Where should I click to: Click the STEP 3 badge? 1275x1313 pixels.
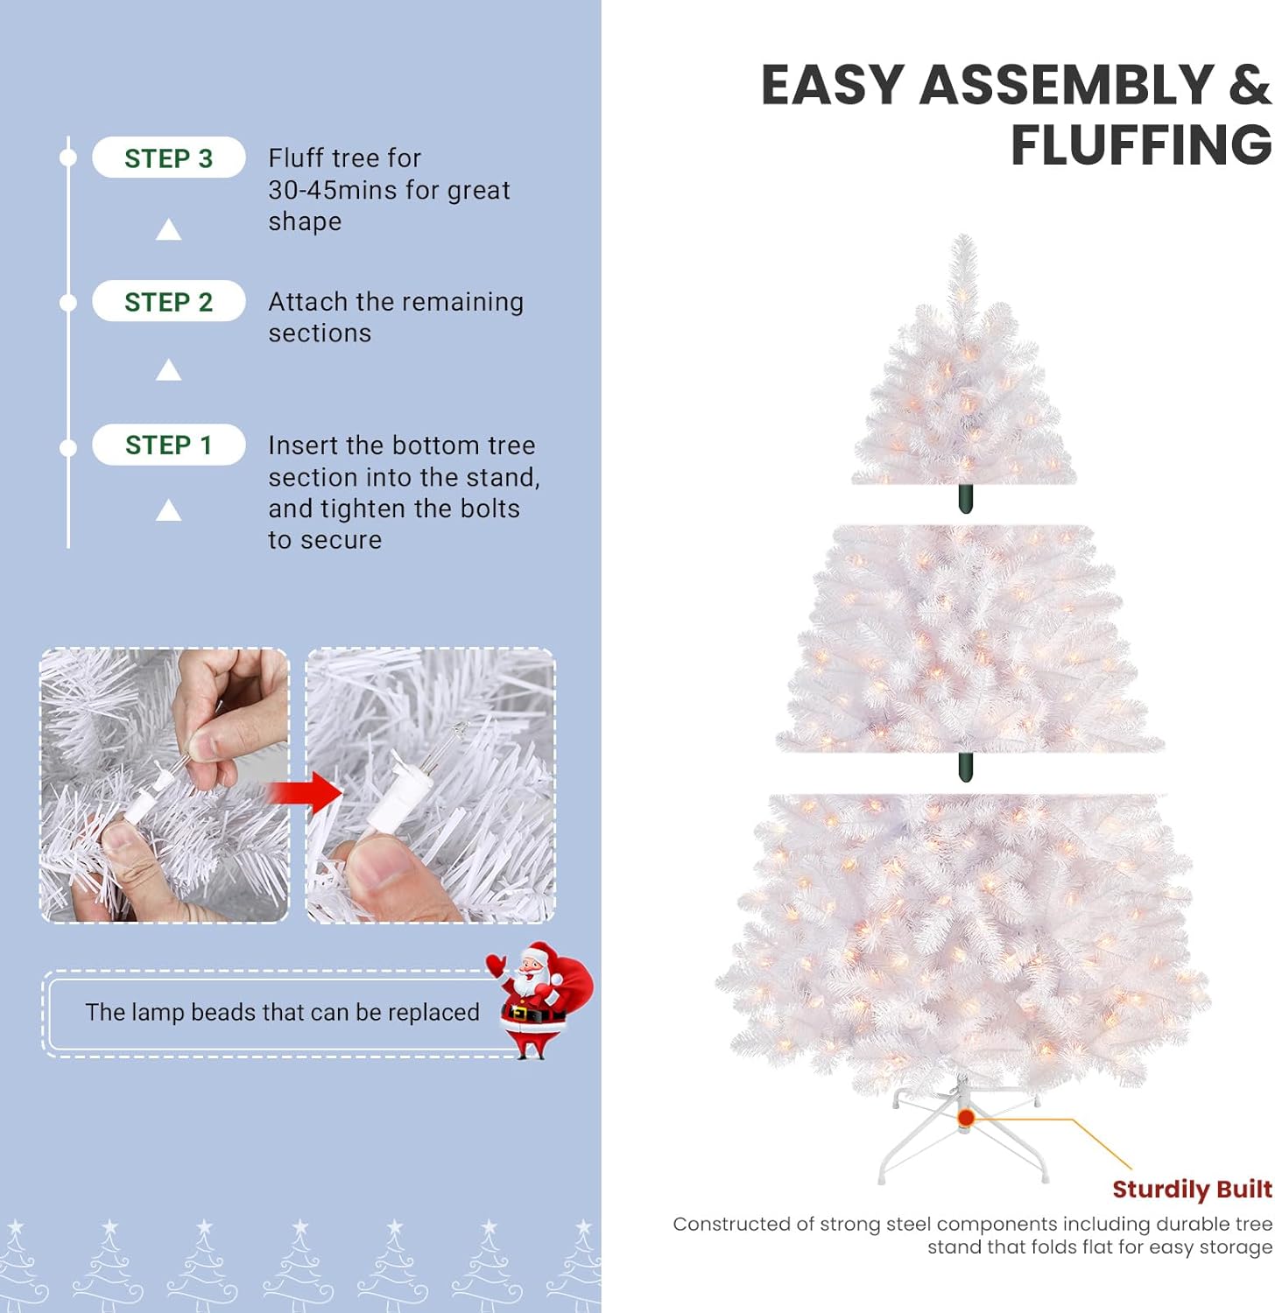(x=169, y=158)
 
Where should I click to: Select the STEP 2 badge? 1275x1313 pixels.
(x=169, y=301)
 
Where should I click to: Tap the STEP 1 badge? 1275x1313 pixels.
(x=169, y=445)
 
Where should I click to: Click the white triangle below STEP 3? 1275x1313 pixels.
(x=168, y=229)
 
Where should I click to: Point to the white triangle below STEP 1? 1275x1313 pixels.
(x=168, y=509)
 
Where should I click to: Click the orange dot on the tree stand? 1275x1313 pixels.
(x=966, y=1118)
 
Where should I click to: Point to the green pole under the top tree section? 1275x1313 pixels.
(x=965, y=498)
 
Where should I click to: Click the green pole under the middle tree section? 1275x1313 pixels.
(x=965, y=767)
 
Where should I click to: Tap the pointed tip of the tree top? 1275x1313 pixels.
(x=963, y=235)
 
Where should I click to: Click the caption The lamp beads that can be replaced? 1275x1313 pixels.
(x=282, y=1012)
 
